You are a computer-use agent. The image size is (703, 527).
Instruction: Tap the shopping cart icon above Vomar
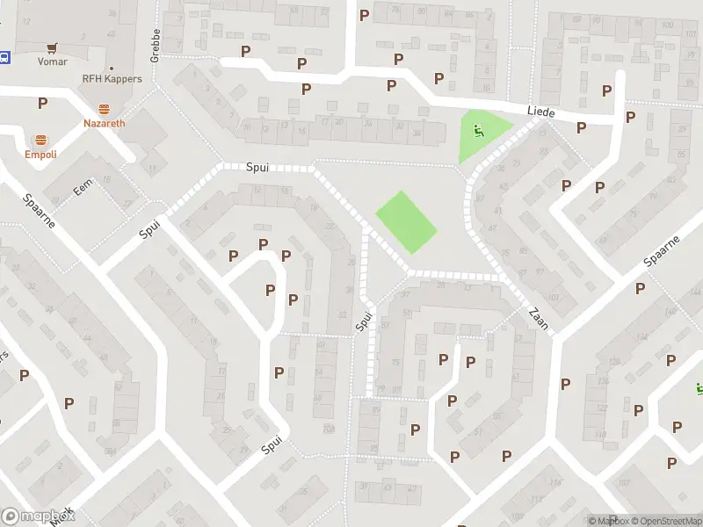(54, 47)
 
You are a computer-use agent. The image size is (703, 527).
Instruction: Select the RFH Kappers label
(112, 79)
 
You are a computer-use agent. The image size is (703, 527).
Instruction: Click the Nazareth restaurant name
(105, 123)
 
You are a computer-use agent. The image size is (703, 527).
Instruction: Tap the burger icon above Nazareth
(105, 109)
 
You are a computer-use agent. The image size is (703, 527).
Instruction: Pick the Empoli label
(41, 155)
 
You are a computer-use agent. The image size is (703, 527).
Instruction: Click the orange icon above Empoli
(41, 140)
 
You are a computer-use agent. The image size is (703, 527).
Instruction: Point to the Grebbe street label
(155, 45)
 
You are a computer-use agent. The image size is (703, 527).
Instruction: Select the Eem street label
(83, 187)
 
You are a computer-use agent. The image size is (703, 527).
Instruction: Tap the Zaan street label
(539, 317)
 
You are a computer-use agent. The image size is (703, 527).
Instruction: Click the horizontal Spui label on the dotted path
(257, 166)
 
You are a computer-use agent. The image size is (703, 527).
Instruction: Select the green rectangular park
(406, 222)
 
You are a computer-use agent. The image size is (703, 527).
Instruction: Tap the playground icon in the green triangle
(479, 133)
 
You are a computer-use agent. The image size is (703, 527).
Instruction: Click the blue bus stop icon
(4, 58)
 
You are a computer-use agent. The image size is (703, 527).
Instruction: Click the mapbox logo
(39, 516)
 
